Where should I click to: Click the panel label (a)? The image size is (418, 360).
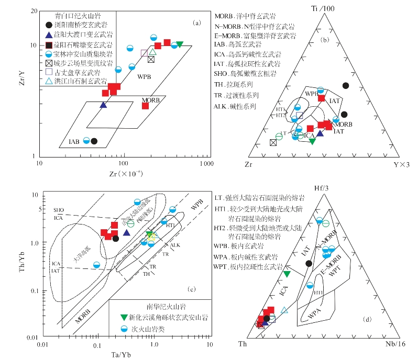(197, 22)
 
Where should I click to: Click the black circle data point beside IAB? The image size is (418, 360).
(94, 141)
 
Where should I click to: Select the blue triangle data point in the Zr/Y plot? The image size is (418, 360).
(103, 105)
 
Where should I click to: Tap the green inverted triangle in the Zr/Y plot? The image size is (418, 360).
(180, 44)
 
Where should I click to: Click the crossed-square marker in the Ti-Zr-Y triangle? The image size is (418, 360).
(273, 142)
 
